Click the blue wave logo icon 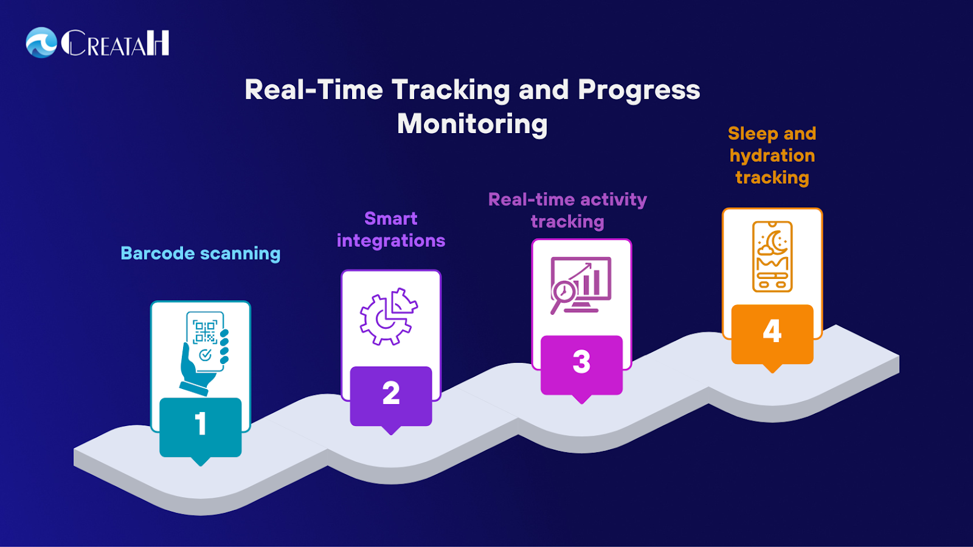(41, 43)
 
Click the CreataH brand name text (115, 43)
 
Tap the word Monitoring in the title (472, 125)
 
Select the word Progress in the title (639, 91)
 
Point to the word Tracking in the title (451, 91)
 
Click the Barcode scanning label (200, 253)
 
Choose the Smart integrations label (391, 230)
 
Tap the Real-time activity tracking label (568, 210)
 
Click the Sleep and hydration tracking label (772, 156)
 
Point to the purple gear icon (389, 317)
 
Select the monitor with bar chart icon (581, 285)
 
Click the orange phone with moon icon (772, 256)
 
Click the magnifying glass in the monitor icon (562, 295)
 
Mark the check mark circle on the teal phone (205, 355)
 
